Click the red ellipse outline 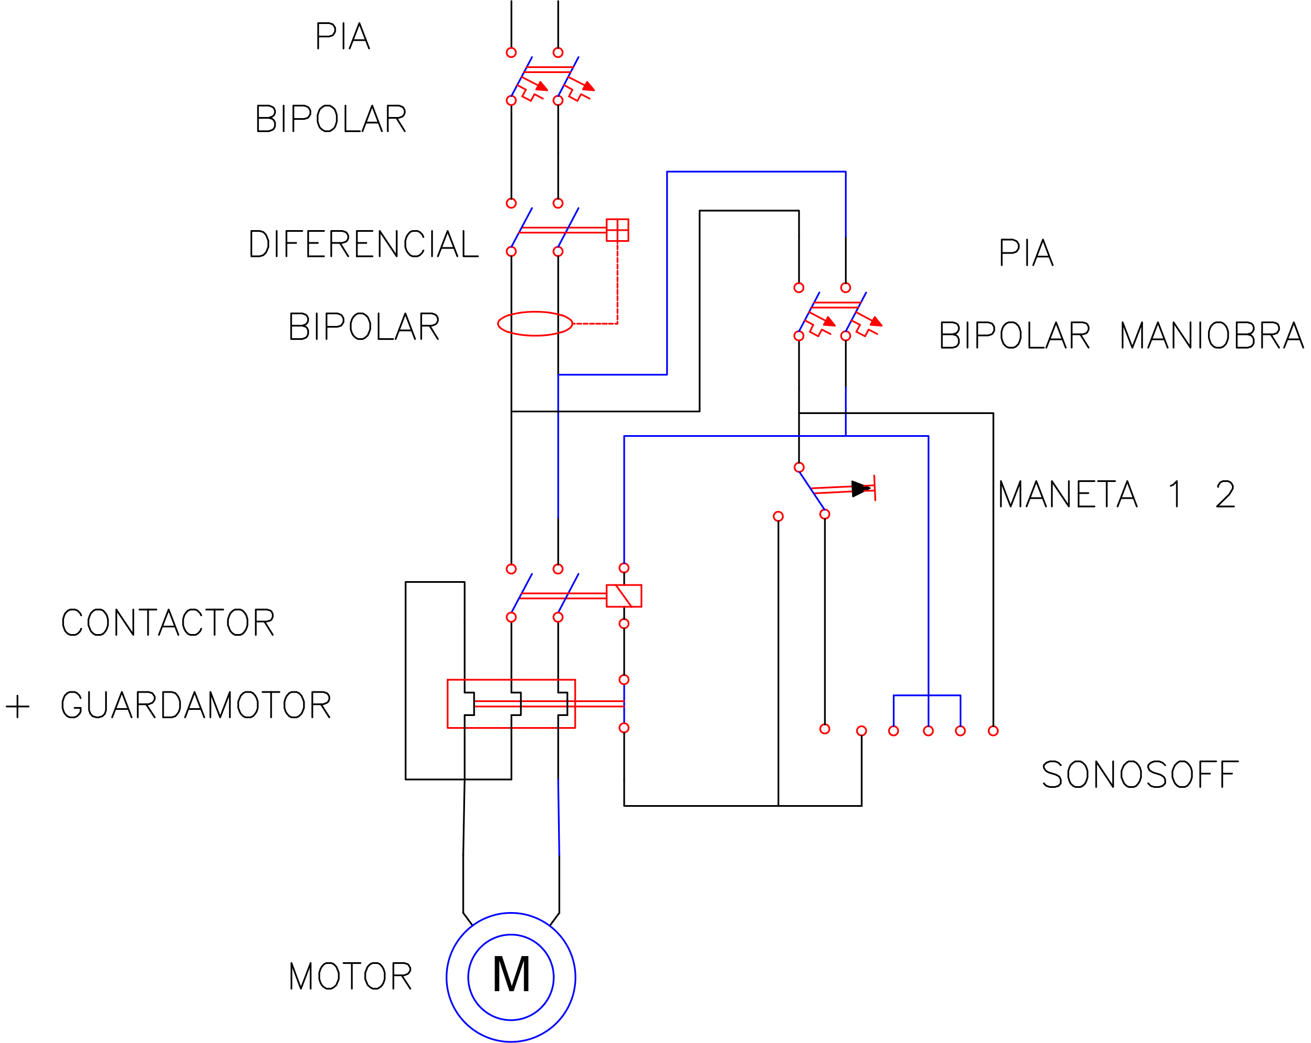[535, 324]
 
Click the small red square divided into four [617, 231]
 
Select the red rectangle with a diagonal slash [624, 596]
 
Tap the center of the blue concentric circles [511, 977]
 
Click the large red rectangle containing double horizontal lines [511, 704]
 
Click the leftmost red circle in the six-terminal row [825, 729]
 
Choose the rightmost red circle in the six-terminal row [993, 731]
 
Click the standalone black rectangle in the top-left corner [331, 77]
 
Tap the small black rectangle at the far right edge [1270, 335]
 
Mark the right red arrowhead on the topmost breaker [587, 87]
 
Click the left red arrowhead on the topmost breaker [541, 86]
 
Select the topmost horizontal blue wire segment [756, 172]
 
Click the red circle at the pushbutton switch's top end [799, 467]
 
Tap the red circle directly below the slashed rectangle [624, 623]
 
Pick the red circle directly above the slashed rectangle [624, 568]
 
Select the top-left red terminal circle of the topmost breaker [511, 53]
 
